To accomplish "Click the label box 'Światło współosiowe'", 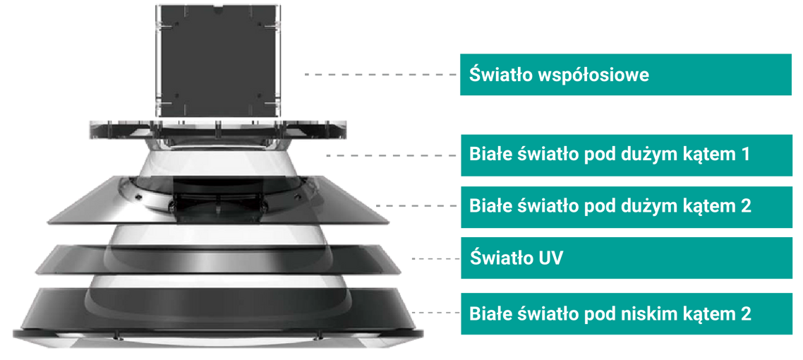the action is click(x=626, y=74).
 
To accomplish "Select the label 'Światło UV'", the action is click(x=517, y=258).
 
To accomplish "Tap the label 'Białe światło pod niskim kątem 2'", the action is click(x=610, y=313).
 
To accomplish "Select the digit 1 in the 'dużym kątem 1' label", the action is click(x=745, y=154).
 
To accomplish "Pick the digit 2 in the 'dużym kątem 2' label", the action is click(x=746, y=206).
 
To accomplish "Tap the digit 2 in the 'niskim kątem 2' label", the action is click(x=746, y=313).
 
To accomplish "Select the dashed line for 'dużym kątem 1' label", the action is click(x=391, y=155).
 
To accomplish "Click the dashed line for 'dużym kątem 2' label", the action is click(x=416, y=206).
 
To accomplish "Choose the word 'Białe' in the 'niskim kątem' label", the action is click(x=490, y=313).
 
